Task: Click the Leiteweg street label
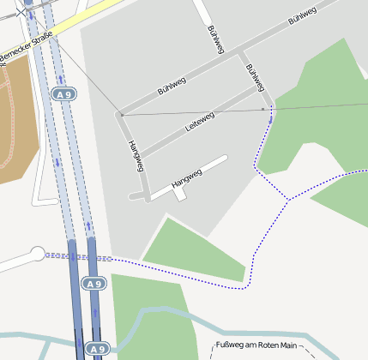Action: pos(200,122)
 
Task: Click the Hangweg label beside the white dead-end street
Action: pos(186,178)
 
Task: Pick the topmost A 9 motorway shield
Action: pos(63,93)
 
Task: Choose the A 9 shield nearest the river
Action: pos(97,349)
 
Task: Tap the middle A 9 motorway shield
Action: pos(94,283)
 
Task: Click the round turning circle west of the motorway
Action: pos(37,253)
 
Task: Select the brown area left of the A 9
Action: pos(17,120)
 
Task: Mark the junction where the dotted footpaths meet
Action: pos(288,200)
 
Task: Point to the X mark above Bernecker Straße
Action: pos(21,11)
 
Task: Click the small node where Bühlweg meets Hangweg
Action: pos(121,113)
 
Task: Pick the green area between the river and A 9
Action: pos(146,309)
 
